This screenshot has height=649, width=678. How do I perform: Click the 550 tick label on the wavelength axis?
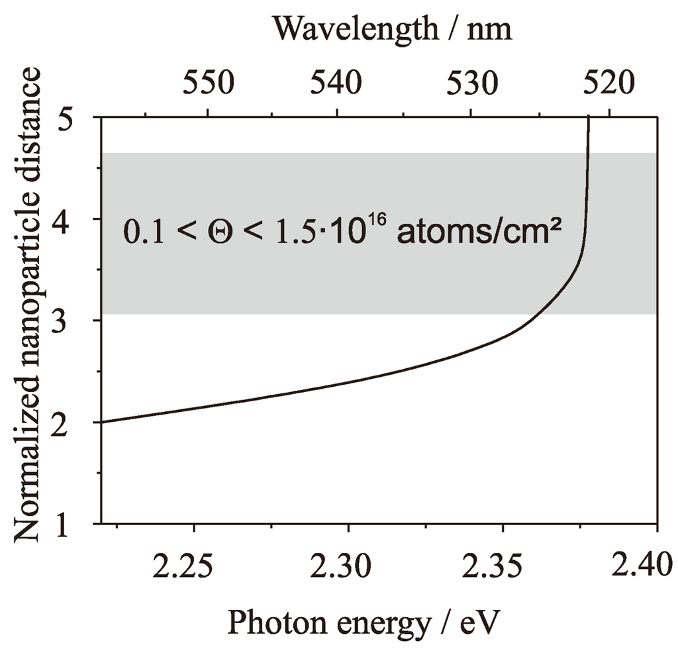click(x=208, y=83)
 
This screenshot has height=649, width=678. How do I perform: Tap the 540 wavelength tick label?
click(x=338, y=83)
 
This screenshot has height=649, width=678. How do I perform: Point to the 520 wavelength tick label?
click(x=605, y=83)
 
